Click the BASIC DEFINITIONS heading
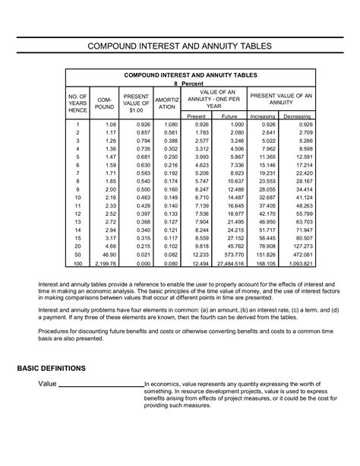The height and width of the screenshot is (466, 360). pyautogui.click(x=52, y=367)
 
